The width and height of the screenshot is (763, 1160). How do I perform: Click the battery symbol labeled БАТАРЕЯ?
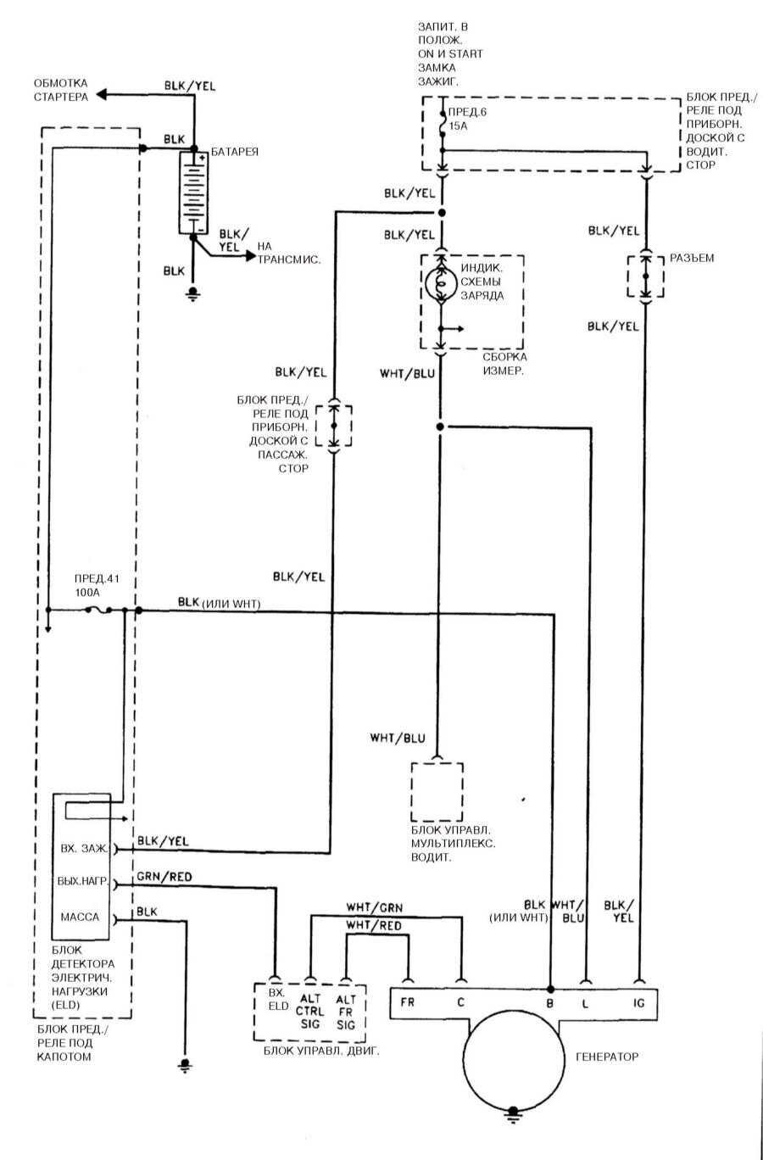[193, 193]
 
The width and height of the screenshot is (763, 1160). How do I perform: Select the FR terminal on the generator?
[408, 1002]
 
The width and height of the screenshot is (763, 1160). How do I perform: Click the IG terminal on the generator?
[639, 1002]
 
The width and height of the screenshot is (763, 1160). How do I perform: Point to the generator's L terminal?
[585, 1002]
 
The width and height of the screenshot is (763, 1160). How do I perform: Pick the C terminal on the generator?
[461, 1002]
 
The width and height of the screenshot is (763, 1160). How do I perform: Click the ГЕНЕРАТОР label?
[606, 1057]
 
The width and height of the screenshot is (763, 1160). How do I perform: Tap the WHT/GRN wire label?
[374, 906]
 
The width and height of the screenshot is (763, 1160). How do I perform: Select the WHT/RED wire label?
[374, 925]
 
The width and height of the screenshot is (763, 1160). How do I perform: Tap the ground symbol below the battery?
[193, 294]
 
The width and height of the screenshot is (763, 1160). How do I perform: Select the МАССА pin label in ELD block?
[81, 917]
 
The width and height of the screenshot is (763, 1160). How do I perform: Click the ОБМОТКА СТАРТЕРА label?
[60, 90]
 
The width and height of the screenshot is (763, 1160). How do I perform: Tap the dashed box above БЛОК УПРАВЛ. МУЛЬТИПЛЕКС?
[437, 789]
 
